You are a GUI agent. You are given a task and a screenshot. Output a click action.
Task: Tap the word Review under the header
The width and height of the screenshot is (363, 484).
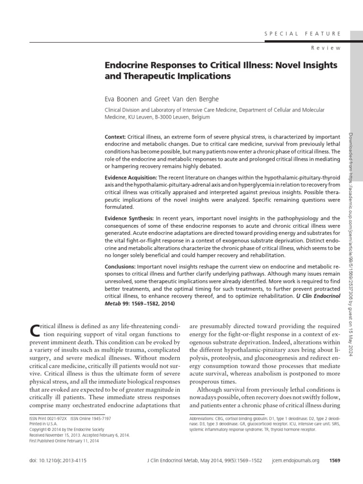click(326, 48)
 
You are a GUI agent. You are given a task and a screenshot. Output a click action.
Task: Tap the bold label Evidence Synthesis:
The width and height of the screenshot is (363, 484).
click(129, 218)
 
